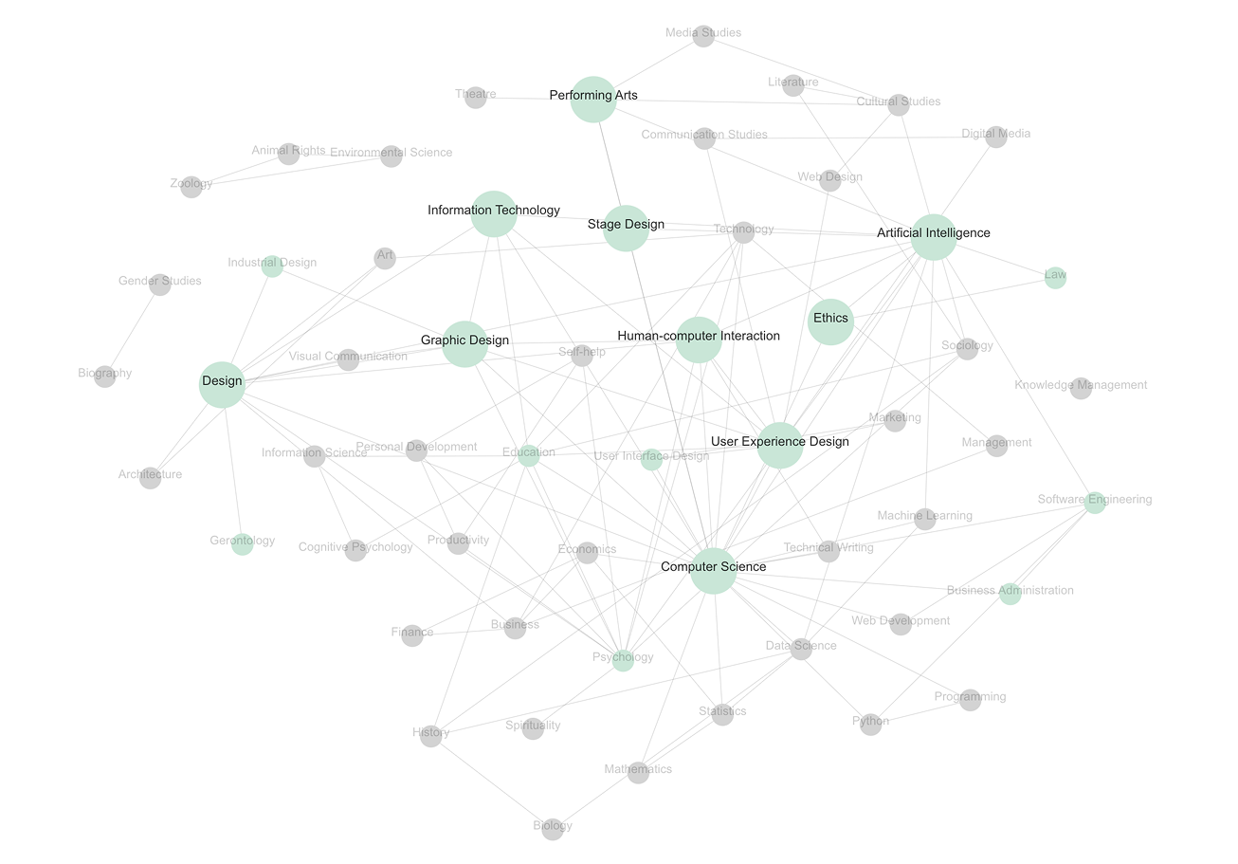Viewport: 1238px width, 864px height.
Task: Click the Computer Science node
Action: click(x=713, y=571)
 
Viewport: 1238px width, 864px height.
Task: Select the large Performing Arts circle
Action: click(x=593, y=100)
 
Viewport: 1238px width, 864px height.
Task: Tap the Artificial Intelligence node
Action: click(x=934, y=237)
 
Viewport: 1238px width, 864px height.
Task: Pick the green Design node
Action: click(x=222, y=384)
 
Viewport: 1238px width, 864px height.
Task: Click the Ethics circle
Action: click(x=830, y=322)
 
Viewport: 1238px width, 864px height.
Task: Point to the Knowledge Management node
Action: click(x=1081, y=388)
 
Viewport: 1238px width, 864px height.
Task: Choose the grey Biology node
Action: click(x=553, y=829)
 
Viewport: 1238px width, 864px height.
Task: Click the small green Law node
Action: click(x=1055, y=278)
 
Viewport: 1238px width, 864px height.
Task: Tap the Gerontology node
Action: click(x=243, y=543)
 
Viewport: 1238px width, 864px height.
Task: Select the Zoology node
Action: click(x=191, y=186)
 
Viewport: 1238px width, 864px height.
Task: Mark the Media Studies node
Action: click(x=702, y=36)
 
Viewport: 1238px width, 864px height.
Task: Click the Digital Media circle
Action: click(x=995, y=137)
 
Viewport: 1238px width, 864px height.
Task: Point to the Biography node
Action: click(x=105, y=376)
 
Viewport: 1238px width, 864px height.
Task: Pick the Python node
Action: click(x=870, y=724)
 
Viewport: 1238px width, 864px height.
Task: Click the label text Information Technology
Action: click(x=493, y=210)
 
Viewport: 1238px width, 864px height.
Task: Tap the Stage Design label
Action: click(x=626, y=225)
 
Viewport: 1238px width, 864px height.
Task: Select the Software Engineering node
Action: click(x=1095, y=503)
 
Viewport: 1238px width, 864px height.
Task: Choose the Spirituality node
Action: click(x=533, y=728)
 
